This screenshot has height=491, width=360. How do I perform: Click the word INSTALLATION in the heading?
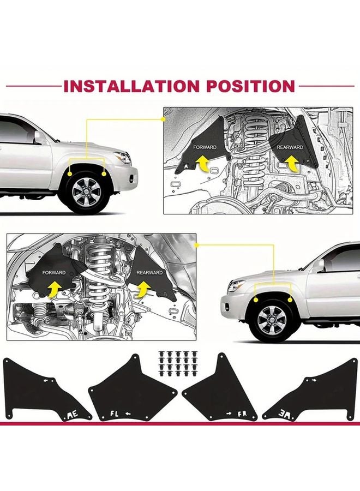(132, 86)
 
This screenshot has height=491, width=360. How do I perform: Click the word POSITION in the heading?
(249, 86)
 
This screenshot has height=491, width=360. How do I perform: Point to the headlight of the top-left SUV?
(123, 158)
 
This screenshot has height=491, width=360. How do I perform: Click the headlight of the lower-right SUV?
(236, 286)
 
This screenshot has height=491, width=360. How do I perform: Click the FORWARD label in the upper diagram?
(205, 147)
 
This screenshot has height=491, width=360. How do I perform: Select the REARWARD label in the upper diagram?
(290, 147)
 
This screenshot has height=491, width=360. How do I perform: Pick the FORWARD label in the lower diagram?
(55, 272)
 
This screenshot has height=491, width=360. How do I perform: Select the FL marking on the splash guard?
(112, 413)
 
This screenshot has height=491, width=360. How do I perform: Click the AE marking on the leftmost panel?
(71, 416)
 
